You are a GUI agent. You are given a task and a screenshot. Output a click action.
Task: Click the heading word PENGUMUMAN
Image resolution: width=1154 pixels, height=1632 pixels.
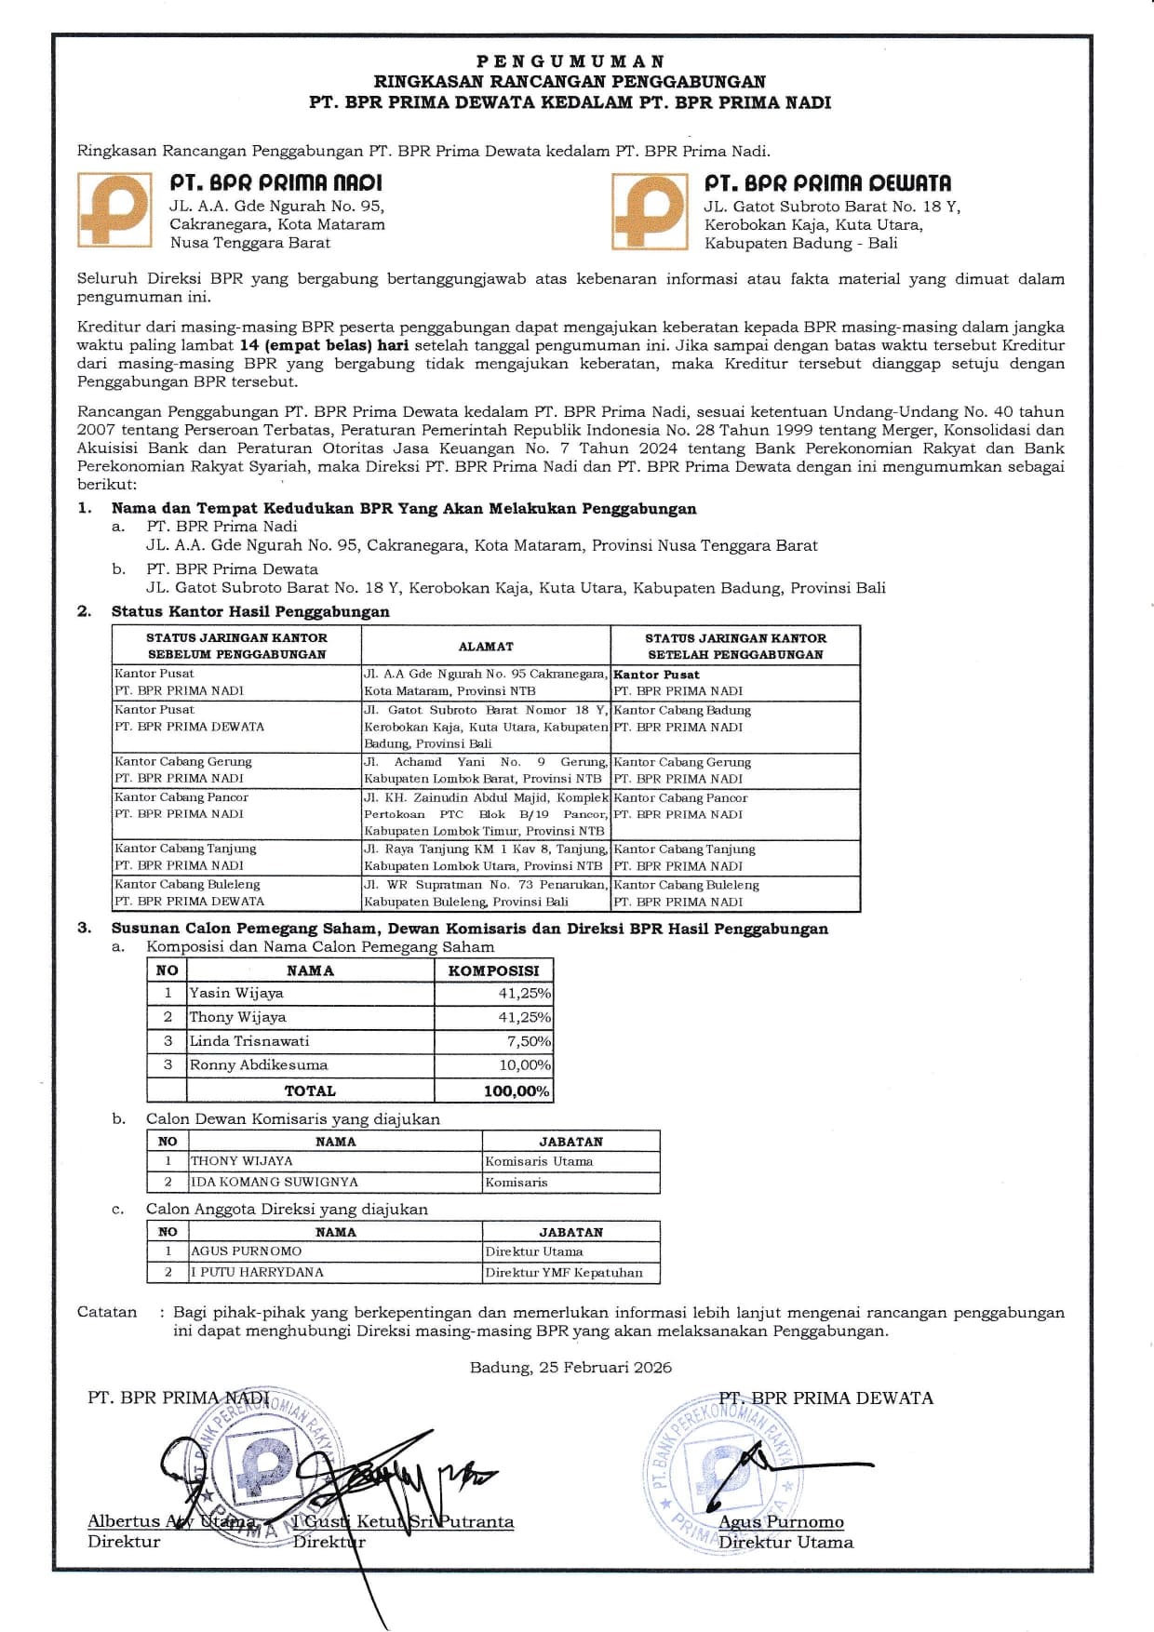pos(570,61)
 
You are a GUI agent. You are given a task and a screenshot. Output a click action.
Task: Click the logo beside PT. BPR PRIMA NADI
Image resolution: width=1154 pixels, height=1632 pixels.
pos(114,210)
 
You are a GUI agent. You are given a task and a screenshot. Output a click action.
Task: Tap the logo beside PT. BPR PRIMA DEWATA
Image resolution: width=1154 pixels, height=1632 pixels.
pos(649,210)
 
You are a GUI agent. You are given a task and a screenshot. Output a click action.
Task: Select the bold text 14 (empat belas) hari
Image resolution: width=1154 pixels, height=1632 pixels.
pos(325,345)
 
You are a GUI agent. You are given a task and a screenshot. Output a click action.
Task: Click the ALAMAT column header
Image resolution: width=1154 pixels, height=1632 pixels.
pos(486,647)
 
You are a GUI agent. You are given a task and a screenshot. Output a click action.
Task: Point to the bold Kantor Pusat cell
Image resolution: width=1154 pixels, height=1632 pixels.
pos(656,675)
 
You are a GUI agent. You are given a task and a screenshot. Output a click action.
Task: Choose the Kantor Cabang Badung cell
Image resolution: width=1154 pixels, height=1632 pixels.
pos(682,710)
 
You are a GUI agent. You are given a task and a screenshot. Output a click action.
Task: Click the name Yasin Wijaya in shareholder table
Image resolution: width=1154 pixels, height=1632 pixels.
pos(236,993)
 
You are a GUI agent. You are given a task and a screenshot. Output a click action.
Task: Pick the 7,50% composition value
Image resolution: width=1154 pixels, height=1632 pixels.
pos(529,1041)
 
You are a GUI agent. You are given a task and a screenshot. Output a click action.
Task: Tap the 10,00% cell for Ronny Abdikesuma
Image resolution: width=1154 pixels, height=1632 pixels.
pos(525,1065)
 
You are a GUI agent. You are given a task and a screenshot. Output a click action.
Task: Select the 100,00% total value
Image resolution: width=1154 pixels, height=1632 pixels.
pos(517,1091)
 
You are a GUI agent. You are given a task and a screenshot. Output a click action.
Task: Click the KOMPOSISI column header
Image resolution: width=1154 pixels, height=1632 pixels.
pos(493,970)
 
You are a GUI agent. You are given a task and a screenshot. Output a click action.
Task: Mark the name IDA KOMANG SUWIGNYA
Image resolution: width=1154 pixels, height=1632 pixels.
pos(275,1183)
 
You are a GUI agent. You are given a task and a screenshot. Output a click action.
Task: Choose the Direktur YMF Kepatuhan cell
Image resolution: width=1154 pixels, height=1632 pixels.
pos(564,1273)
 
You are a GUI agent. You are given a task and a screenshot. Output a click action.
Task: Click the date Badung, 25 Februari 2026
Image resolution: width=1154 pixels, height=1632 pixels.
pos(570,1368)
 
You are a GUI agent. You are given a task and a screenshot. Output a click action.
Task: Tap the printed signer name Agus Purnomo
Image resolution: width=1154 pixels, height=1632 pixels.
pos(782,1522)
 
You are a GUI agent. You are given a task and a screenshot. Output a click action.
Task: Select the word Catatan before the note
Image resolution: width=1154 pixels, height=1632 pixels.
pos(107,1312)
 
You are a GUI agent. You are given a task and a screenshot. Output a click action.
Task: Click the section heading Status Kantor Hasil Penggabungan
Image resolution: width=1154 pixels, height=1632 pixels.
pos(250,611)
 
